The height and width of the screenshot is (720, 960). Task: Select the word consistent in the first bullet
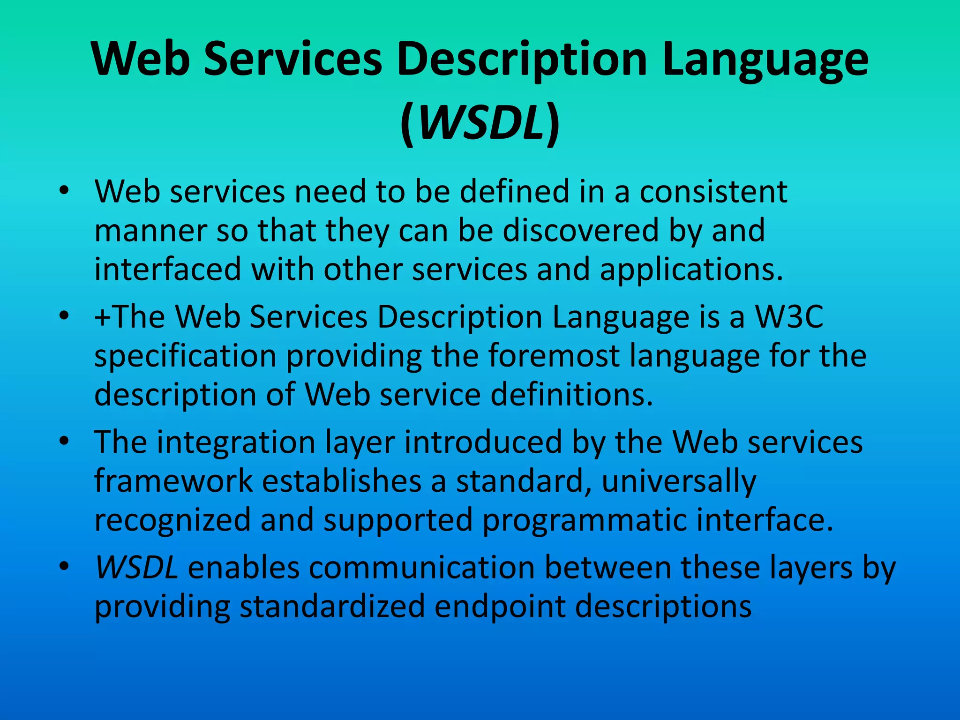tap(713, 192)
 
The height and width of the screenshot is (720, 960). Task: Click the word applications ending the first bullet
tap(691, 270)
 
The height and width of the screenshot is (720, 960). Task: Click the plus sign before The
tap(102, 318)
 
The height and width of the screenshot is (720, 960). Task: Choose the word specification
tap(185, 356)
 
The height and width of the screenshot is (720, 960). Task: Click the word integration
tap(236, 442)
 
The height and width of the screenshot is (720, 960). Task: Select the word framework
tap(173, 481)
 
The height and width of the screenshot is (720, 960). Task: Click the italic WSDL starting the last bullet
tap(136, 568)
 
